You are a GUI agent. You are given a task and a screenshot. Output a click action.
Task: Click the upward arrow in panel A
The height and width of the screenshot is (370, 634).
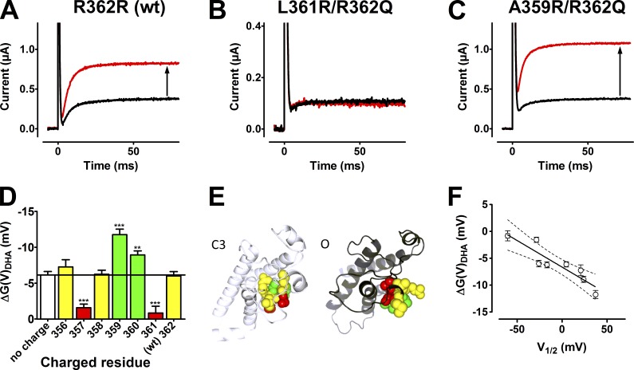tap(167, 81)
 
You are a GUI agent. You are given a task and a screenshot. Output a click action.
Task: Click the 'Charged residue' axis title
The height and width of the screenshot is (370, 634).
tap(104, 362)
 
